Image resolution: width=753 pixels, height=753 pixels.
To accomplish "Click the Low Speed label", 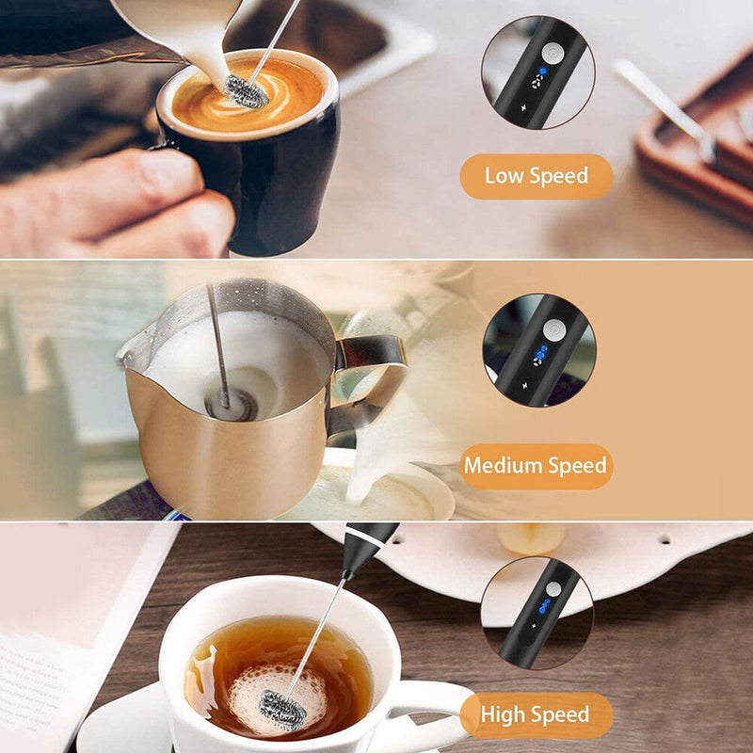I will pos(536,176).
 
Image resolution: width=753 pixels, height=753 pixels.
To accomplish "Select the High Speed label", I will pos(535,715).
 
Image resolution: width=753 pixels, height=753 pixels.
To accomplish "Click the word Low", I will pos(505,176).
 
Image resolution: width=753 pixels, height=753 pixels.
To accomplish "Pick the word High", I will pos(502,715).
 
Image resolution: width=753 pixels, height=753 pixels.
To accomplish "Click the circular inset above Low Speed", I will pos(537,72).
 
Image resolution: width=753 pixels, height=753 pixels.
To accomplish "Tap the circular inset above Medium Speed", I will pos(537,350).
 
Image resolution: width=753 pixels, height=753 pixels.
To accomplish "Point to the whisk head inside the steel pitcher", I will pos(231,403).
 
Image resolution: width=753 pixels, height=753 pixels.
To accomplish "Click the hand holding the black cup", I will pos(113,202).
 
